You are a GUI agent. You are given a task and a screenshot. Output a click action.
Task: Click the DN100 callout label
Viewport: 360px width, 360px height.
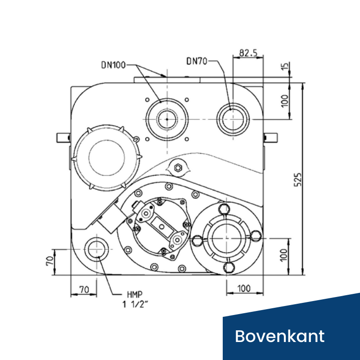pyautogui.click(x=113, y=65)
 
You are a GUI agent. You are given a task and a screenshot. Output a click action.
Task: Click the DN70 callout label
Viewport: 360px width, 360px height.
pyautogui.click(x=197, y=61)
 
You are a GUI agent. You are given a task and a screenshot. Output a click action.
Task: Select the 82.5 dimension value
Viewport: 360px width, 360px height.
pyautogui.click(x=248, y=53)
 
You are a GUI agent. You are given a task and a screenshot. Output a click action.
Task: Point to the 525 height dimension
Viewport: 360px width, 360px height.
pyautogui.click(x=298, y=180)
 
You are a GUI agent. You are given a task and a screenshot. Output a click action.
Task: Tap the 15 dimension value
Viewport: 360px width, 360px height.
pyautogui.click(x=285, y=66)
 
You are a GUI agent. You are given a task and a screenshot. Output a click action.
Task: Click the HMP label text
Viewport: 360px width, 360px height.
pyautogui.click(x=135, y=294)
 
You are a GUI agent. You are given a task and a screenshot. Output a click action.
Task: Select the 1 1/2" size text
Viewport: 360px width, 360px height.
pyautogui.click(x=135, y=305)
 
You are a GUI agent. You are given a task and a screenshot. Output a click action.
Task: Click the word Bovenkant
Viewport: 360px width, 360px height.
pyautogui.click(x=279, y=336)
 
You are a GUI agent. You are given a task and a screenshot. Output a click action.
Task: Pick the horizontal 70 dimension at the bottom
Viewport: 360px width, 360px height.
pyautogui.click(x=84, y=289)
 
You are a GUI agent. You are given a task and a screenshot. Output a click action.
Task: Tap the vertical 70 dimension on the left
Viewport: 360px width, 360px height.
pyautogui.click(x=50, y=261)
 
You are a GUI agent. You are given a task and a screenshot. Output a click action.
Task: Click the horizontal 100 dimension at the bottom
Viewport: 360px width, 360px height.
pyautogui.click(x=244, y=288)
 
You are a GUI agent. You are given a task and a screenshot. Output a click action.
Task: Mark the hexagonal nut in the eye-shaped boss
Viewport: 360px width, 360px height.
pyautogui.click(x=178, y=168)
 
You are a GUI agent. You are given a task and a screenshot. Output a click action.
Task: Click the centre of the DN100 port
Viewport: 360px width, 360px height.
pyautogui.click(x=167, y=119)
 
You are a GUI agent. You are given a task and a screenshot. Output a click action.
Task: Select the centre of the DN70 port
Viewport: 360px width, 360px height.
pyautogui.click(x=233, y=119)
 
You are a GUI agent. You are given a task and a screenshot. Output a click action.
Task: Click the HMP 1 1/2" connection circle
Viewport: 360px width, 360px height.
pyautogui.click(x=96, y=249)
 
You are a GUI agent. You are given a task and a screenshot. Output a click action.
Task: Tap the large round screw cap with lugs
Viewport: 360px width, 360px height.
pyautogui.click(x=106, y=158)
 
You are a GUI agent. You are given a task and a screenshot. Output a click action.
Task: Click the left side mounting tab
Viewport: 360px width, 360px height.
pyautogui.click(x=63, y=138)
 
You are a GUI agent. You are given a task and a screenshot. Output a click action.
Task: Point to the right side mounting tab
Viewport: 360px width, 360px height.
pyautogui.click(x=270, y=138)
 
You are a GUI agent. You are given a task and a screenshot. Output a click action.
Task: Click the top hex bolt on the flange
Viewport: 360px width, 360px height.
pyautogui.click(x=224, y=209)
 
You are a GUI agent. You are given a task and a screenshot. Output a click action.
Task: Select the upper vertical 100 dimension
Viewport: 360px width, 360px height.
pyautogui.click(x=285, y=101)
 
